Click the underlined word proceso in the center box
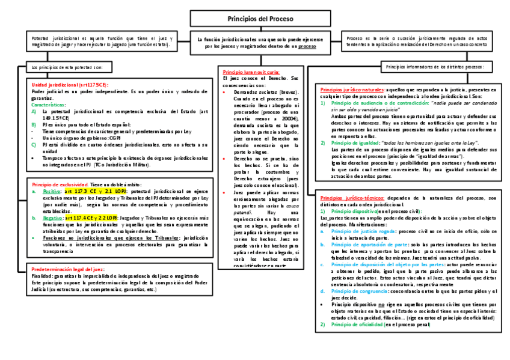[307, 46]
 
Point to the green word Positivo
[51, 191]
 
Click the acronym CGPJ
[118, 137]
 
